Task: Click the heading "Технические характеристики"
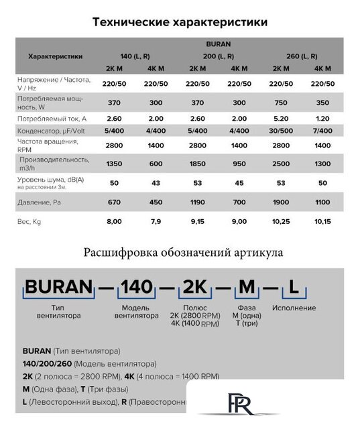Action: (180, 22)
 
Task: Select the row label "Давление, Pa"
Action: (38, 202)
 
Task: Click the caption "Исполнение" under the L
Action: (294, 308)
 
